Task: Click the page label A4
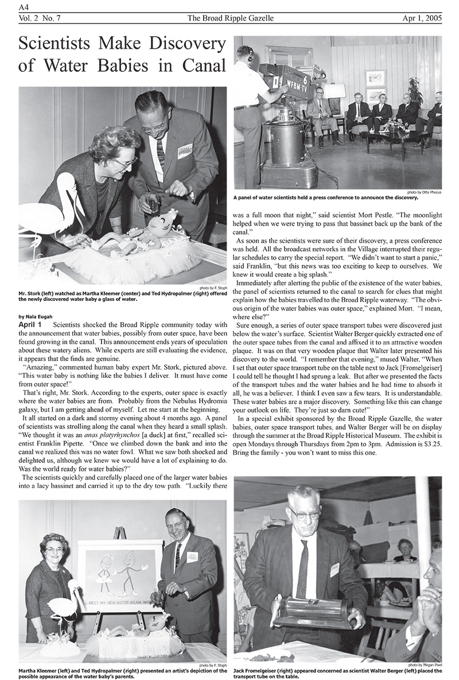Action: pos(24,6)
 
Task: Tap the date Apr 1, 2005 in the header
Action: pos(422,18)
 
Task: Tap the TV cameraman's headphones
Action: pos(247,55)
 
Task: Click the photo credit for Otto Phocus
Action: pos(425,192)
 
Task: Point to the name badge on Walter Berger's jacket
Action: pos(334,569)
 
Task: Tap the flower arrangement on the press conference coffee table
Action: pos(396,126)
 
